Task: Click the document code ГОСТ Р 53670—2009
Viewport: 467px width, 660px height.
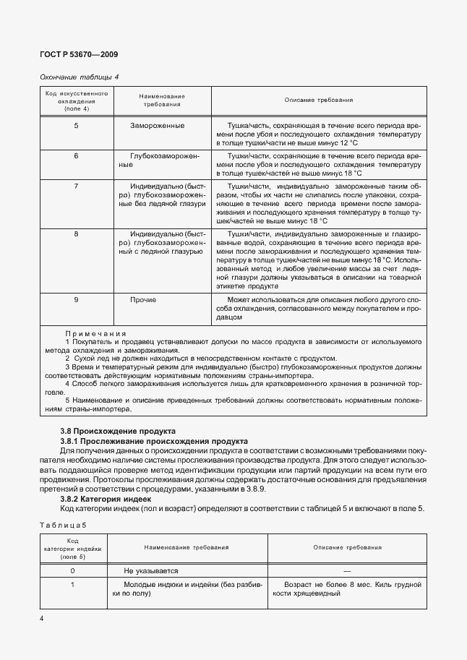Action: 80,54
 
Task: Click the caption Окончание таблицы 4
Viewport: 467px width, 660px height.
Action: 79,77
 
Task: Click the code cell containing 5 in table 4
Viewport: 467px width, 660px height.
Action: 77,126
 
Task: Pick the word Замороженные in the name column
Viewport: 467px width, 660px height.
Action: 158,126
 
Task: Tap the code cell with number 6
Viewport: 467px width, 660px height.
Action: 77,156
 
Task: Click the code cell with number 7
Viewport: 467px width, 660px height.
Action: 77,187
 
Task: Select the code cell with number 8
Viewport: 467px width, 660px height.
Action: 77,235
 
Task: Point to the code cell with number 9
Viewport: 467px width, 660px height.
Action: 77,299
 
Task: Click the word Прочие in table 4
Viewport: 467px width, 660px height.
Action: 143,299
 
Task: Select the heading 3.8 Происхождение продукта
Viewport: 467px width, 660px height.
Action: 117,431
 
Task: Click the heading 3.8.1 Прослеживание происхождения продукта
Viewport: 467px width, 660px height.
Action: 154,440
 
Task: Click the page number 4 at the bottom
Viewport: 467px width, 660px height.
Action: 42,618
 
